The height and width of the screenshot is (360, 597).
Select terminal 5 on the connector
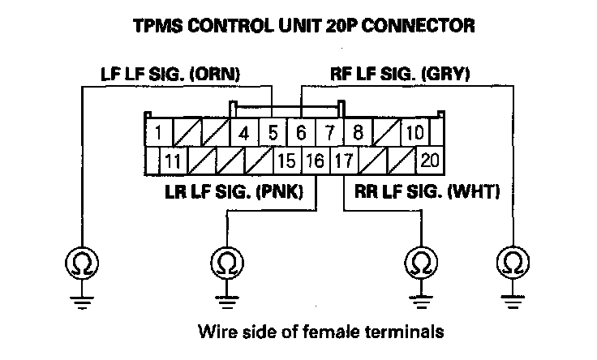(273, 132)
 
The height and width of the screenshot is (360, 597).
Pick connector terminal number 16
(315, 160)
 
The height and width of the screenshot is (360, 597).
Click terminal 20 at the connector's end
(429, 160)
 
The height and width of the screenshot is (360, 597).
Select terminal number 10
(414, 132)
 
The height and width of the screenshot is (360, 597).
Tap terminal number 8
(358, 132)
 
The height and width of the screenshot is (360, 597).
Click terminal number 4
(243, 132)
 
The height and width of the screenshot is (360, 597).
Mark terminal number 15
(286, 160)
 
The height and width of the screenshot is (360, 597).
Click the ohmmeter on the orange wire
(82, 263)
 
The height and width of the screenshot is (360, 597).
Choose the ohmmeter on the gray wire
(512, 263)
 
